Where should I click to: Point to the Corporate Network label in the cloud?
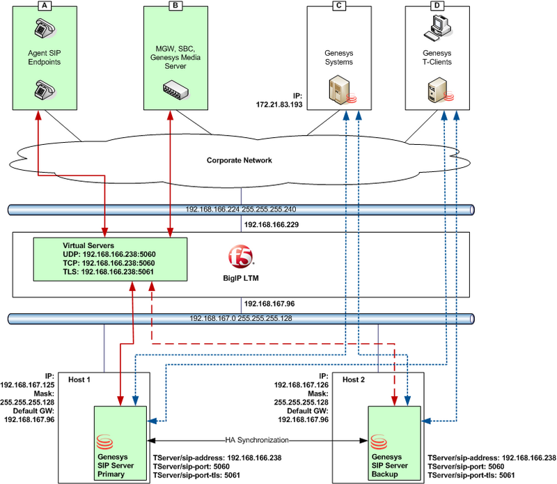pos(238,160)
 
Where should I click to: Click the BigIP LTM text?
pos(240,276)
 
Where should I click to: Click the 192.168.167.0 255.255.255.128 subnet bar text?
pos(239,318)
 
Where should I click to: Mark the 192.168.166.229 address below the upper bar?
pos(271,226)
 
